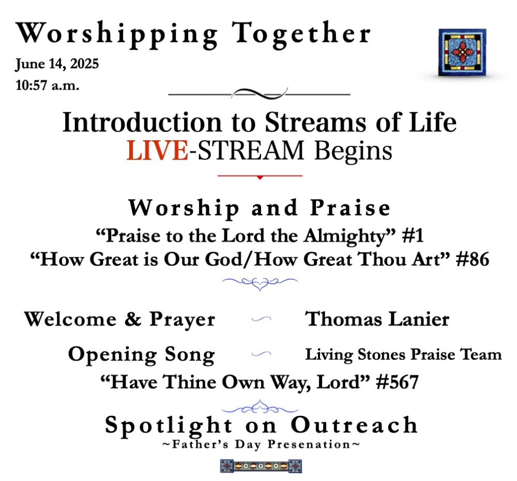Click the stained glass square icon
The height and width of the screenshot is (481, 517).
462,52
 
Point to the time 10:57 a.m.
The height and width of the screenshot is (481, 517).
47,85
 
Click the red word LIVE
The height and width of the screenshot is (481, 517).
158,151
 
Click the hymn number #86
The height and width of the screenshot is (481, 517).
472,259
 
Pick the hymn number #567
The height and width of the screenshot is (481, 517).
397,382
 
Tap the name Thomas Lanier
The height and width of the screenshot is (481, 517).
377,319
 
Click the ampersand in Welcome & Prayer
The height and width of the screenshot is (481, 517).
133,319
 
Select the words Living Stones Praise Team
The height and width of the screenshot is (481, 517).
403,355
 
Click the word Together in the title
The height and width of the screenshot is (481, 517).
301,34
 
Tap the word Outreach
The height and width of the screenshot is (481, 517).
354,425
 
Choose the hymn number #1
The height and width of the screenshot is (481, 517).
413,236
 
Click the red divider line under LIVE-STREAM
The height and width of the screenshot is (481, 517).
260,176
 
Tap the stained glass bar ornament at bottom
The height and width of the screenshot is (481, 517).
261,466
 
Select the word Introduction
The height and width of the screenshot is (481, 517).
142,123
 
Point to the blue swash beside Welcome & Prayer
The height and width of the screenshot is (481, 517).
261,319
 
